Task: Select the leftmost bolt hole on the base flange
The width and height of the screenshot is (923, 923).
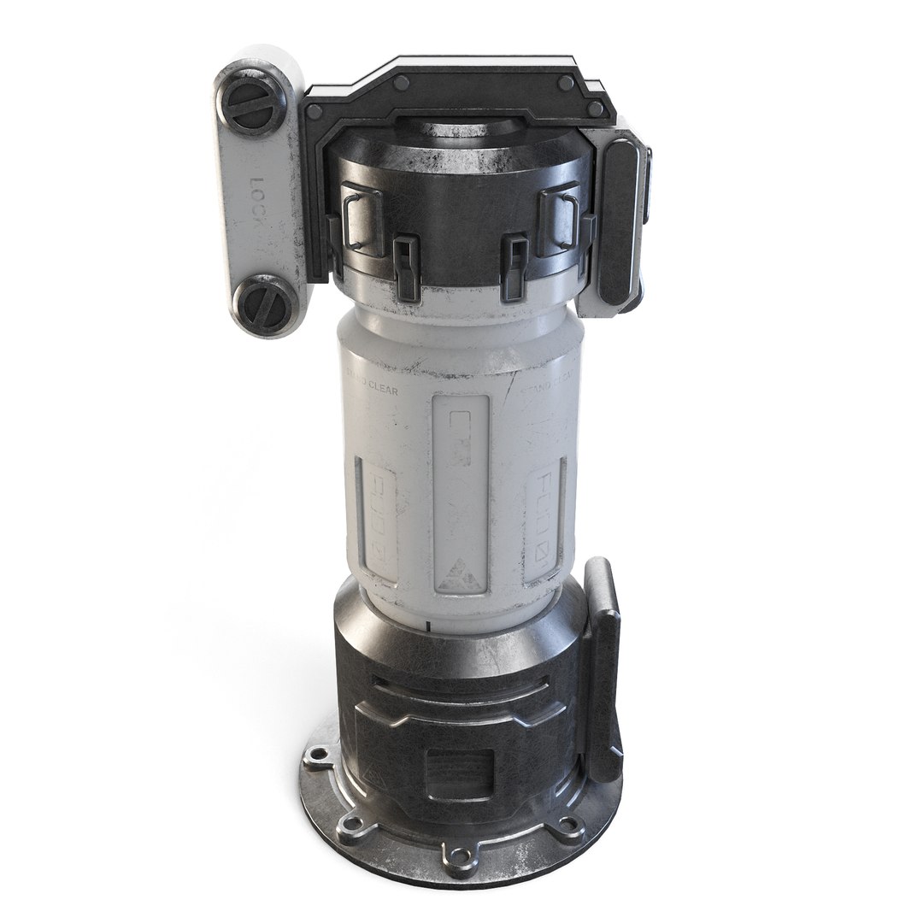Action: click(318, 754)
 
